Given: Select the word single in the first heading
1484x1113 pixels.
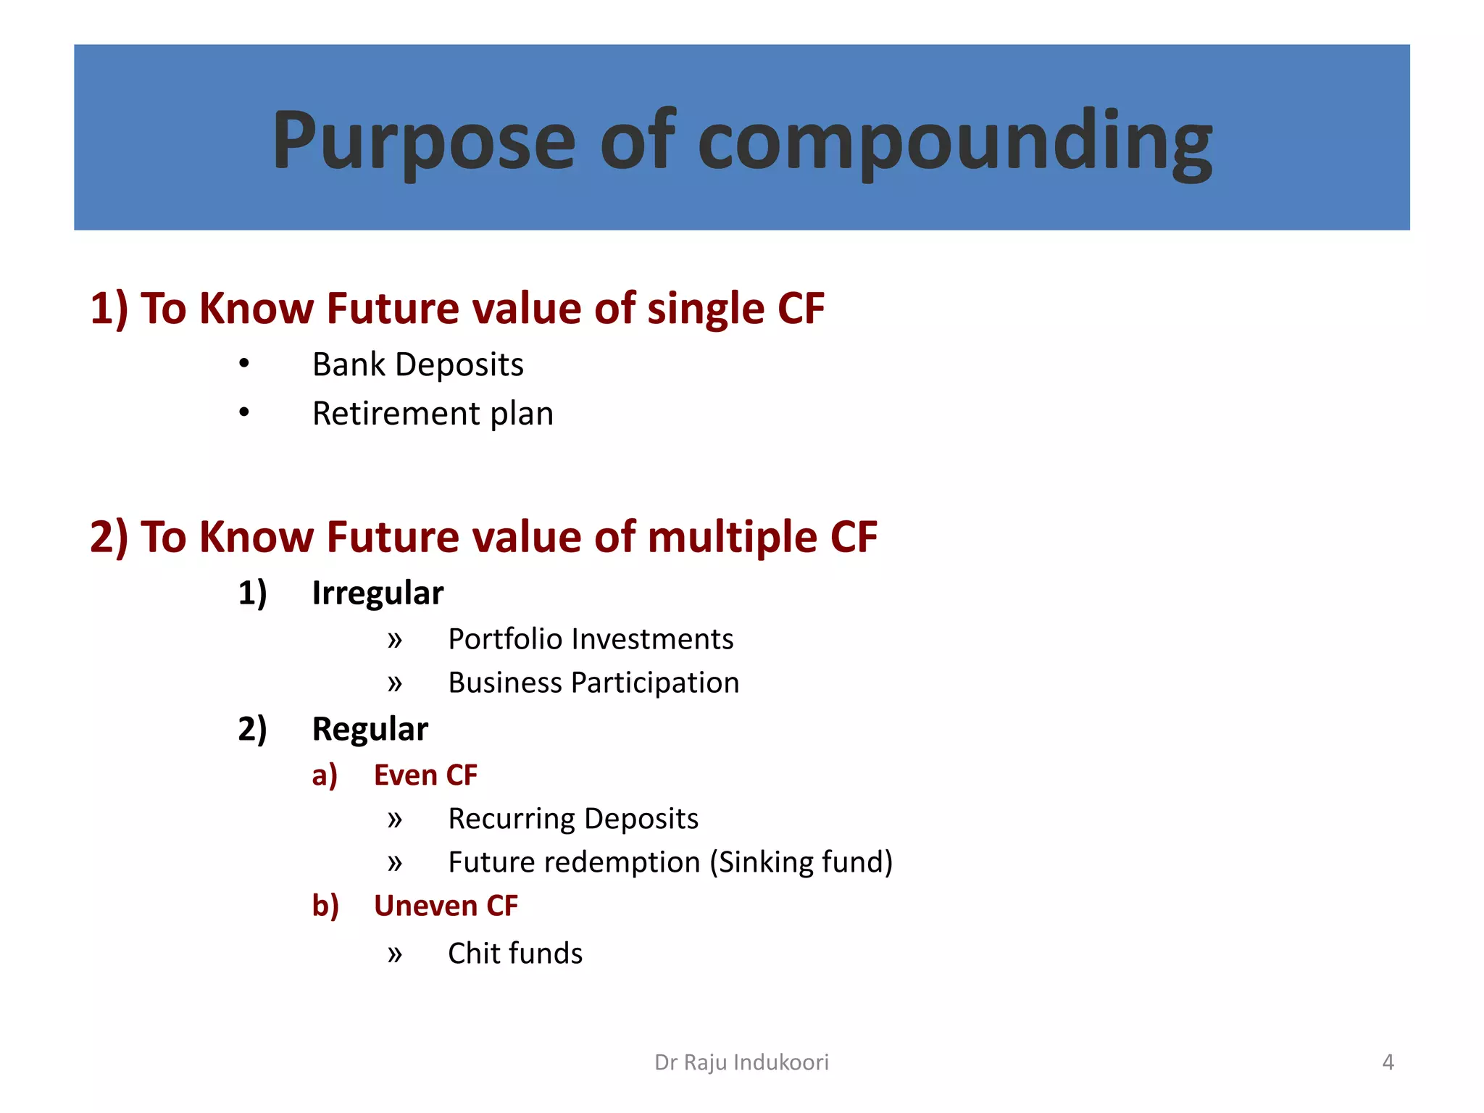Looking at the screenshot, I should pos(706,309).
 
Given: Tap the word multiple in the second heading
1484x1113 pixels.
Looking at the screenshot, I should pos(732,537).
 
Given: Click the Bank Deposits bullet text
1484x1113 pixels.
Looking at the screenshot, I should pos(417,364).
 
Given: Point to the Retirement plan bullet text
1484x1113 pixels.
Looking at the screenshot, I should pos(433,414).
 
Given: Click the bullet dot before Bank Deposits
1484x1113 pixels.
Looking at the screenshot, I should pos(244,363).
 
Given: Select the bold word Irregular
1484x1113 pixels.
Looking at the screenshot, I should pos(377,593).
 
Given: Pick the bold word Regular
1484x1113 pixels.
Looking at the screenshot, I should pos(370,729).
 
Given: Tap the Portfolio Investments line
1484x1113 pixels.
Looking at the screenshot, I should pos(591,639).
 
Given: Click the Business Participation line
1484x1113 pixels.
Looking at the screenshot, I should pos(593,683).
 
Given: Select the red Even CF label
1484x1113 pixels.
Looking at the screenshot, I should pos(425,775).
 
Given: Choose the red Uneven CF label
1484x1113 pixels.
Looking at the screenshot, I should pos(446,906).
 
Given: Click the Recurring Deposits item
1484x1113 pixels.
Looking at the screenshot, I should pos(573,819).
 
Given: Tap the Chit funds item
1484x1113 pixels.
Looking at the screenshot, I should pos(515,954).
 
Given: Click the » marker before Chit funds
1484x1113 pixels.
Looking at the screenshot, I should pos(394,954).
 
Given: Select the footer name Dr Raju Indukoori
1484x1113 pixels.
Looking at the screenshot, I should pos(741,1062).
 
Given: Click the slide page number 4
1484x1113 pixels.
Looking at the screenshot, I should pos(1388,1062).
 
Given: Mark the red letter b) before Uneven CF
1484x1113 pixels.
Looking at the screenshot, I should pos(325,906).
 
